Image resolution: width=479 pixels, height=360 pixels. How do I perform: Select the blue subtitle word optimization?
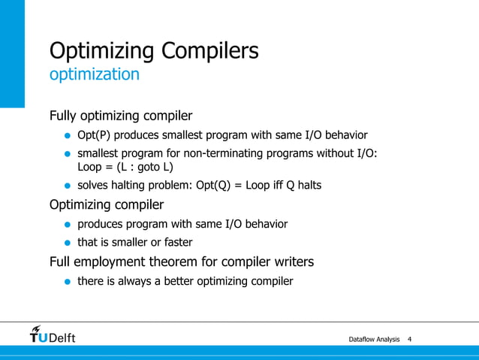point(94,74)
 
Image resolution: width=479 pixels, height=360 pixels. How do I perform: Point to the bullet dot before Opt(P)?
point(67,136)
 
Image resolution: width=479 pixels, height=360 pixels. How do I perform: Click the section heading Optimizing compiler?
point(106,204)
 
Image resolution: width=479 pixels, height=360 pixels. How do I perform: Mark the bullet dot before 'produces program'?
point(67,225)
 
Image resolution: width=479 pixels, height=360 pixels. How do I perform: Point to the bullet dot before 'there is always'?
point(67,283)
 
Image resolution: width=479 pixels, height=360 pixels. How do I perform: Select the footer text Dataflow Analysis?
point(374,340)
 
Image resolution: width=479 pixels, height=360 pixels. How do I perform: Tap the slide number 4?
point(409,340)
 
